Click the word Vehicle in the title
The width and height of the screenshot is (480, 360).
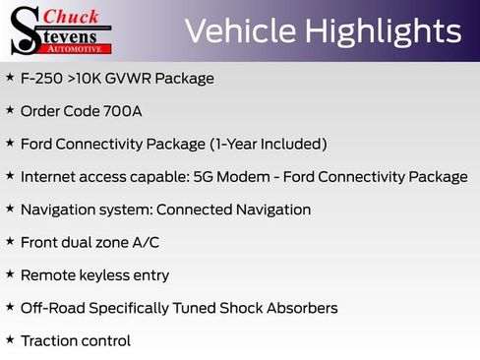coord(238,30)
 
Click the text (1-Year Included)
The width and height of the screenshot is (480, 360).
coord(268,144)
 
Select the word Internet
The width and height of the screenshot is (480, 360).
coord(50,177)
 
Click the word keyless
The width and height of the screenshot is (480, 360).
coord(107,275)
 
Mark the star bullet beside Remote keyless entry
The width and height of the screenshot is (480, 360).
coord(10,274)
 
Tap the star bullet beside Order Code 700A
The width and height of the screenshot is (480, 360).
coord(10,110)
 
